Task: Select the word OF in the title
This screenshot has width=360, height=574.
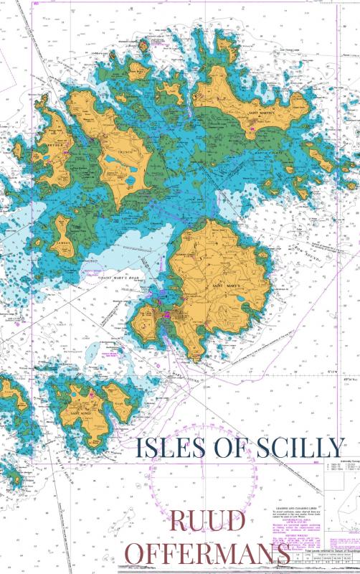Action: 222,447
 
